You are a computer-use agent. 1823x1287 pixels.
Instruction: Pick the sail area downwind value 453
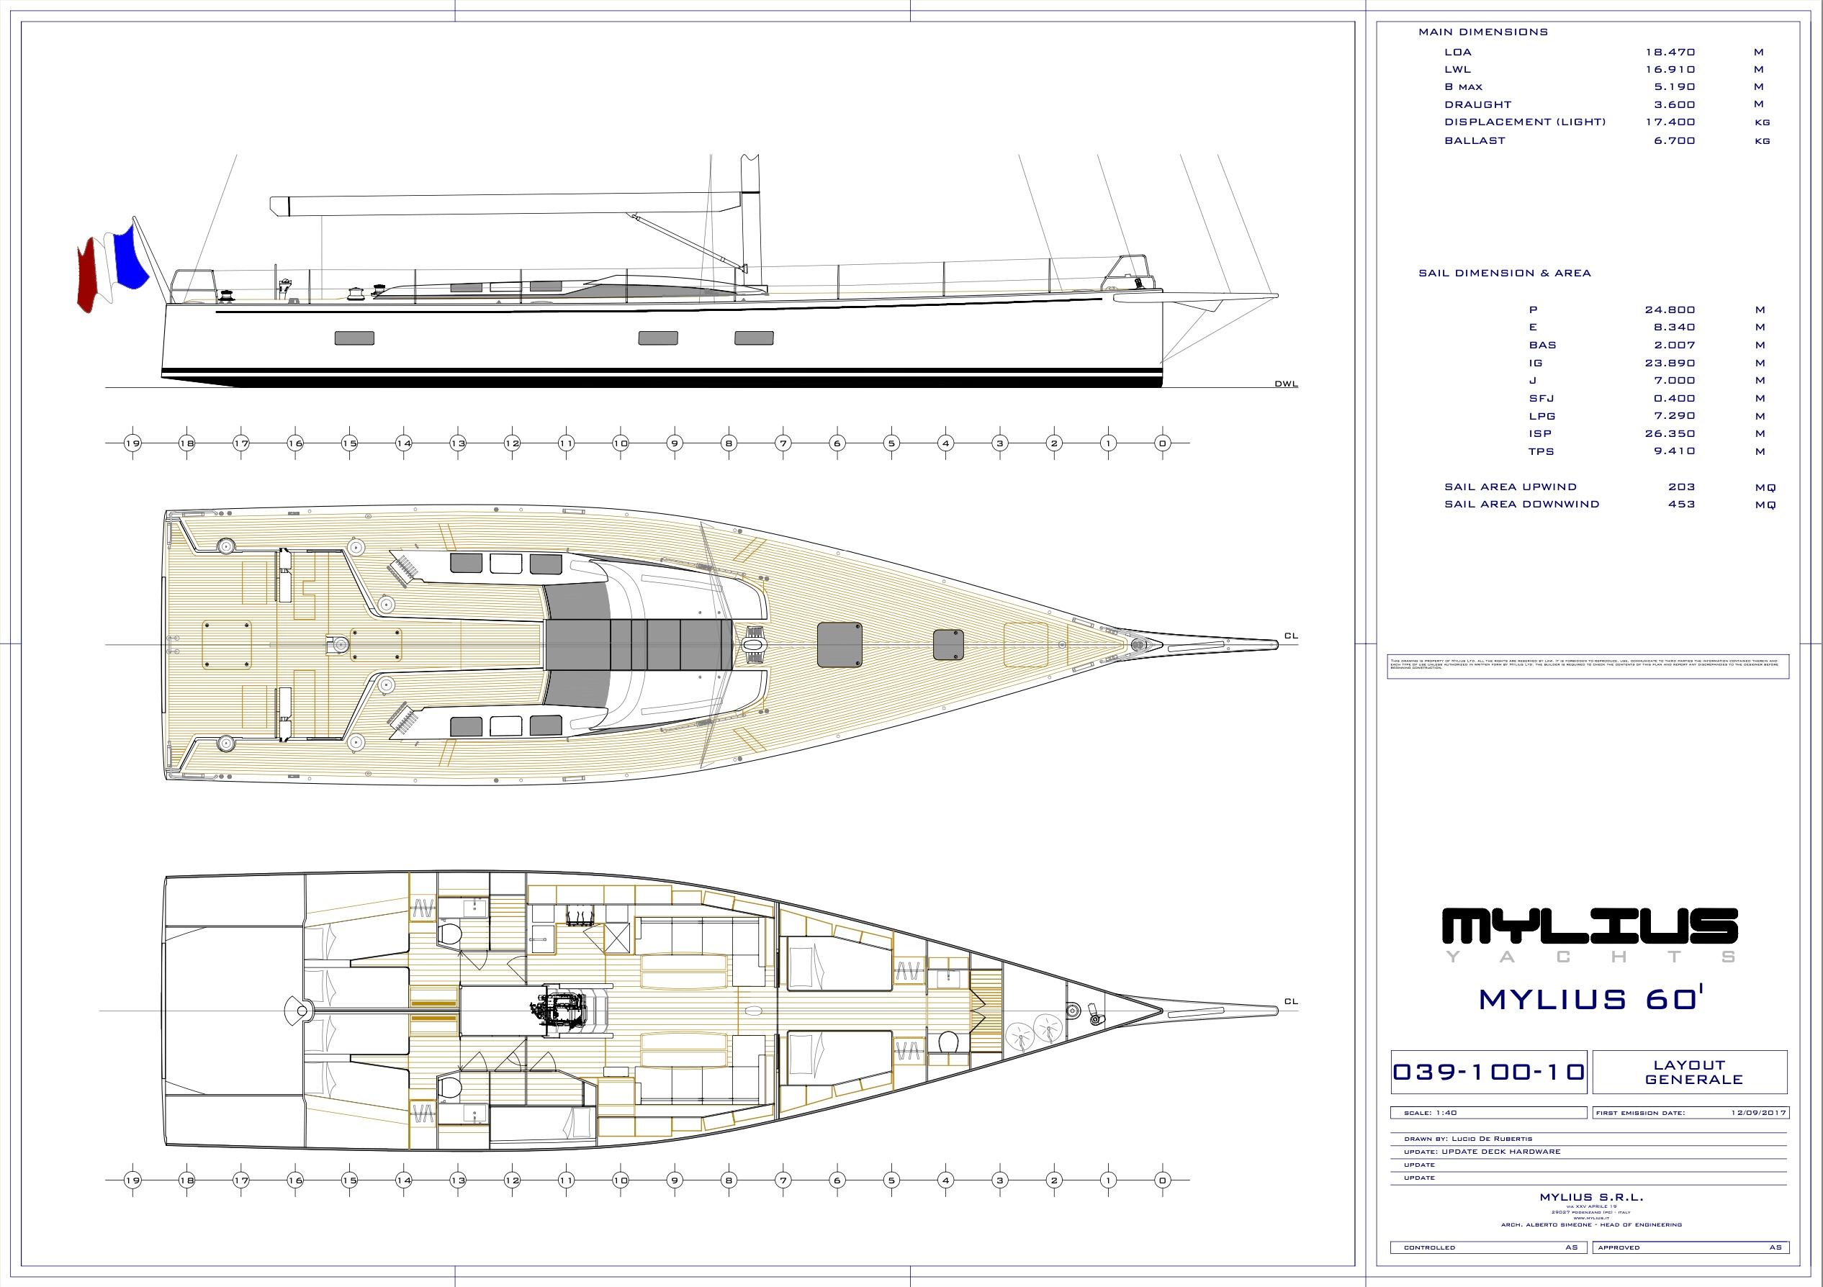pyautogui.click(x=1682, y=504)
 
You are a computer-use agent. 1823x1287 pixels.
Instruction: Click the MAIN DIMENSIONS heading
pyautogui.click(x=1483, y=32)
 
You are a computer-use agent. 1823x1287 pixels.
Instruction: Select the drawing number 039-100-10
pyautogui.click(x=1489, y=1072)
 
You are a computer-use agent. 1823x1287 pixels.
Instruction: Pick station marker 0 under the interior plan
pyautogui.click(x=1162, y=1180)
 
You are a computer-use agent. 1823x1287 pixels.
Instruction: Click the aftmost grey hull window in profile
pyautogui.click(x=354, y=338)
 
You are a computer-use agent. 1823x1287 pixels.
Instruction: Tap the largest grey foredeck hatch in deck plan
pyautogui.click(x=840, y=644)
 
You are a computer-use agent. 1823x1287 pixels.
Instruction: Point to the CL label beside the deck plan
pyautogui.click(x=1290, y=636)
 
